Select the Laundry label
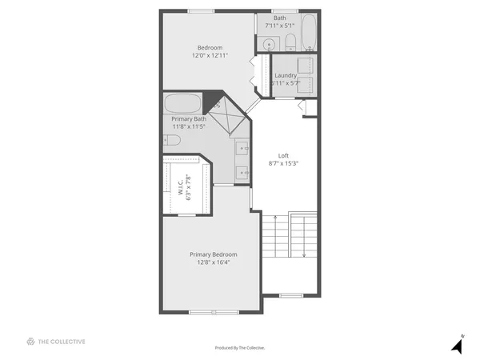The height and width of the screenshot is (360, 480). (286, 76)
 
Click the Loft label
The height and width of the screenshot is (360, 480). (283, 155)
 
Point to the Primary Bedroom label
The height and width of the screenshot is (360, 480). (213, 254)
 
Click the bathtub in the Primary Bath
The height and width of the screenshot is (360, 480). (184, 104)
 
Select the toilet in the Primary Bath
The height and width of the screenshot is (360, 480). (171, 139)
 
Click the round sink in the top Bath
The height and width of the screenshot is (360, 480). (270, 44)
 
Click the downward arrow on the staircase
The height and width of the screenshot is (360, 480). (304, 240)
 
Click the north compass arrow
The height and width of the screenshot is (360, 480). (457, 346)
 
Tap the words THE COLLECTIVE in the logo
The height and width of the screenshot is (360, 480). (62, 342)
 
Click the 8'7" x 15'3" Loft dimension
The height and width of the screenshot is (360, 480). (283, 163)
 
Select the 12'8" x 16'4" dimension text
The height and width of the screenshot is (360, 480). (213, 262)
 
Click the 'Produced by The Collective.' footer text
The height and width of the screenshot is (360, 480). (240, 348)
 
